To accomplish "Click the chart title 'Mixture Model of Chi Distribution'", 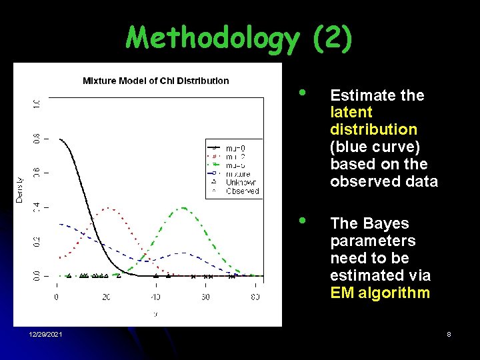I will pyautogui.click(x=155, y=81).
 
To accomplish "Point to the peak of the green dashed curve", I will pyautogui.click(x=183, y=208).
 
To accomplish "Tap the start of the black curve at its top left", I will pyautogui.click(x=60, y=139).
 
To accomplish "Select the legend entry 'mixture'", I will pyautogui.click(x=238, y=174).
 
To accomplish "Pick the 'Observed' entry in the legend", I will pyautogui.click(x=241, y=191).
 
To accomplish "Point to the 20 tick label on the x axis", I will pyautogui.click(x=106, y=297).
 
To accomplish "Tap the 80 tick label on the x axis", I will pyautogui.click(x=255, y=297).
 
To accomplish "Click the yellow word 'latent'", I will pyautogui.click(x=351, y=113).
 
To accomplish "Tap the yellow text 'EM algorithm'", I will pyautogui.click(x=380, y=293).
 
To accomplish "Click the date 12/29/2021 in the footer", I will pyautogui.click(x=46, y=334).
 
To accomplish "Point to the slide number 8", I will pyautogui.click(x=449, y=334).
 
